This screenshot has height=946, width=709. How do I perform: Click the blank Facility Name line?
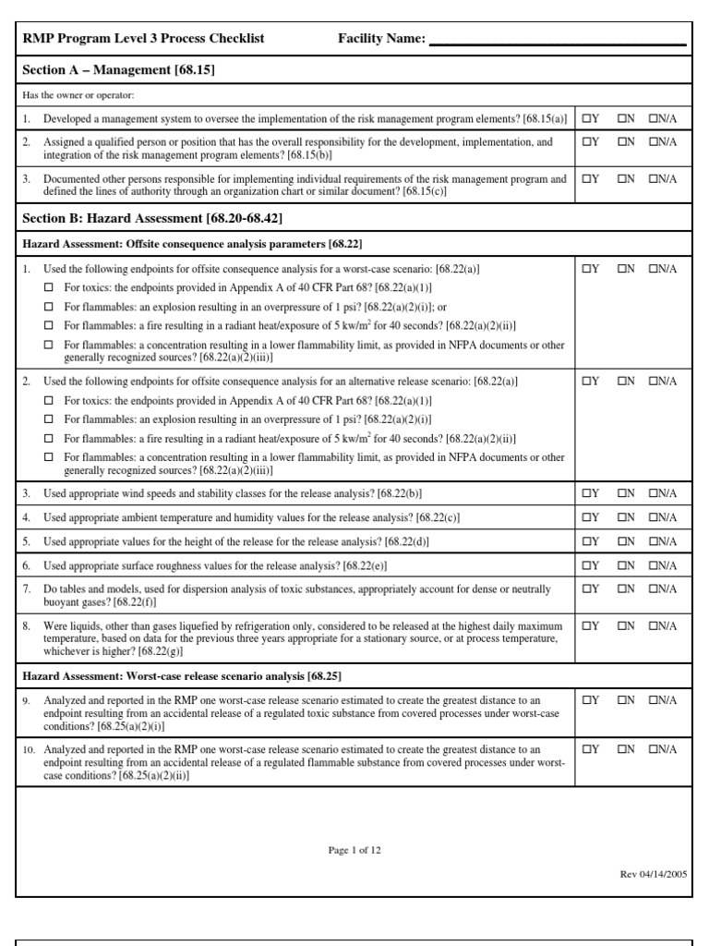[x=558, y=40]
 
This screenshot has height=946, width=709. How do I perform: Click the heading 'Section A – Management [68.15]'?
[x=119, y=69]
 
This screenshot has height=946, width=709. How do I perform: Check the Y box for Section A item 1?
[x=586, y=118]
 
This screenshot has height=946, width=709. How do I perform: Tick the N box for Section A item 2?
[x=621, y=142]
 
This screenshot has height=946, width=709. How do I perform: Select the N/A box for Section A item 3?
[x=654, y=178]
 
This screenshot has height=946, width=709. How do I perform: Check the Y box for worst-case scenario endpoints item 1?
[x=586, y=269]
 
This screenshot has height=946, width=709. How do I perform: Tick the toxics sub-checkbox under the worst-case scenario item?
[x=50, y=286]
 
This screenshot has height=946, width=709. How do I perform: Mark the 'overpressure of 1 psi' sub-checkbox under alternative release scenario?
[x=50, y=419]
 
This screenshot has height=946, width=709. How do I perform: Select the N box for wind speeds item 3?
[x=621, y=493]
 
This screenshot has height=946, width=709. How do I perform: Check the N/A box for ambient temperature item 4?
[x=654, y=517]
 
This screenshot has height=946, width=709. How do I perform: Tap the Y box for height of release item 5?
[x=586, y=541]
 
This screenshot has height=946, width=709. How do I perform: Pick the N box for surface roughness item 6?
[x=621, y=565]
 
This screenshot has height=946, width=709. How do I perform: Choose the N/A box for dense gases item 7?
[x=654, y=588]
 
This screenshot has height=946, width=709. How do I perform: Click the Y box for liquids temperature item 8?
[x=586, y=625]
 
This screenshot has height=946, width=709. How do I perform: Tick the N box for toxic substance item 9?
[x=621, y=699]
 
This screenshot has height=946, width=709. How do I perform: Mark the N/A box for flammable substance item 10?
[x=654, y=749]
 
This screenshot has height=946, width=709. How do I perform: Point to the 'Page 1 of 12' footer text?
[x=354, y=851]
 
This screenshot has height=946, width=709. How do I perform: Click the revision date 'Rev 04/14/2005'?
[x=653, y=873]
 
